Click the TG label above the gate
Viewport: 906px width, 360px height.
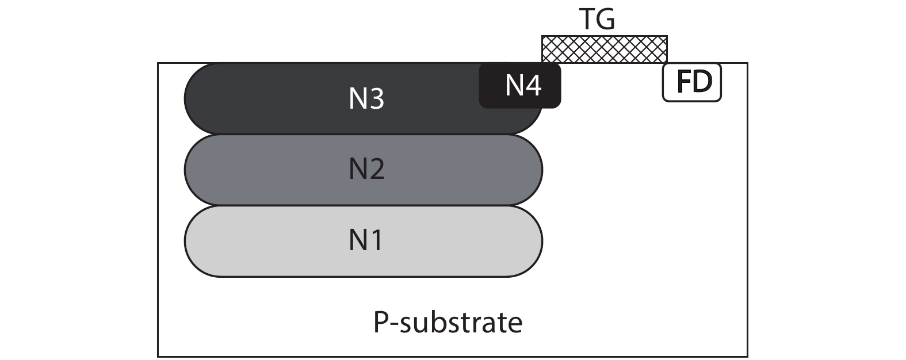tap(597, 20)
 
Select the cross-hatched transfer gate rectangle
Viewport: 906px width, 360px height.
tap(604, 49)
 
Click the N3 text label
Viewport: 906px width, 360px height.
tap(366, 99)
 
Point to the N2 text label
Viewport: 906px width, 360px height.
tap(366, 170)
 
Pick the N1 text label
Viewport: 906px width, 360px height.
tap(366, 240)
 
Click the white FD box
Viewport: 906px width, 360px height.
tap(692, 82)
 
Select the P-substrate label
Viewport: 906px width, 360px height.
tap(448, 323)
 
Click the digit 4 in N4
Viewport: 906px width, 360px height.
tap(533, 86)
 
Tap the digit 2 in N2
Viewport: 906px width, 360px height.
tap(376, 170)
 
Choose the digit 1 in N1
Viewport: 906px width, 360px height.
tap(376, 240)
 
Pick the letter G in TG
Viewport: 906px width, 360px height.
tap(605, 20)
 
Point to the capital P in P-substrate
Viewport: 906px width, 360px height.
tap(381, 323)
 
